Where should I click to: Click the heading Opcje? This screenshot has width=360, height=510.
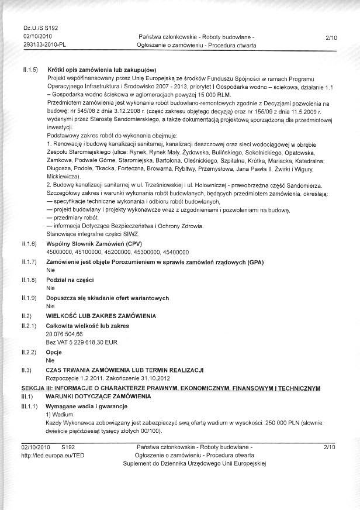coord(54,353)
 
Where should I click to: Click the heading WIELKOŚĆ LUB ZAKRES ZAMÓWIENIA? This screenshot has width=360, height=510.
coord(101,316)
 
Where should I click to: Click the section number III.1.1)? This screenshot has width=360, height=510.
coord(30,405)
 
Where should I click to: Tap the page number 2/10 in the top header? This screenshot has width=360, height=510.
coord(331,37)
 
